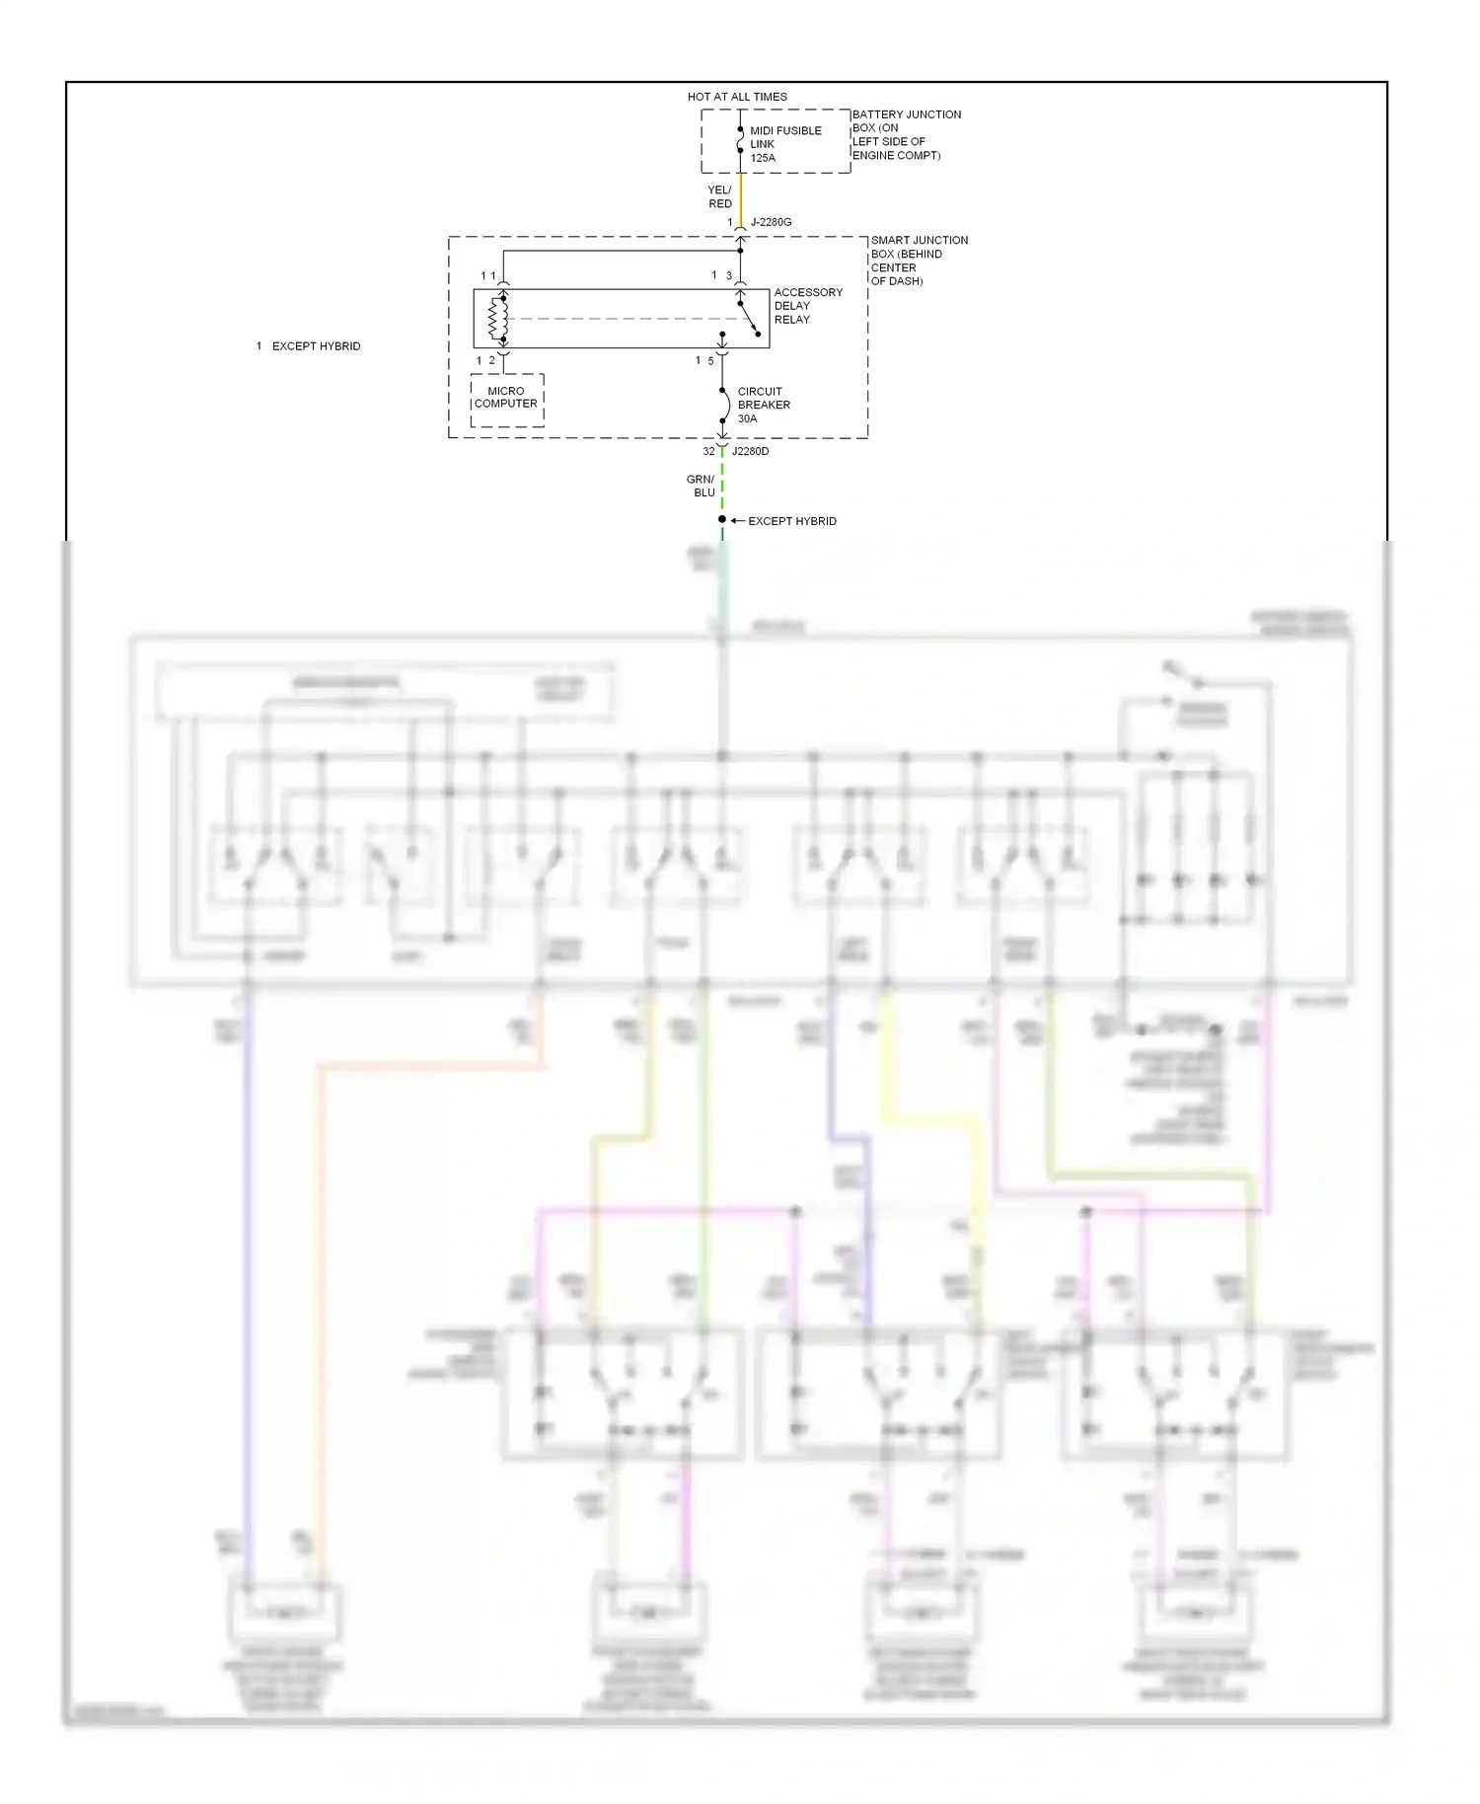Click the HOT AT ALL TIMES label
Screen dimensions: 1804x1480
[737, 97]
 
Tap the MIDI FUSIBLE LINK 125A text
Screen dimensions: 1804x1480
[784, 144]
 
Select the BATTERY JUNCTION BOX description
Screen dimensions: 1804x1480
[905, 135]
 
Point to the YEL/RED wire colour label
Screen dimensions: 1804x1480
[719, 196]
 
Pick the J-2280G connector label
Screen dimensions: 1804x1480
[771, 222]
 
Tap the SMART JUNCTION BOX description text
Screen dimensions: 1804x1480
[918, 261]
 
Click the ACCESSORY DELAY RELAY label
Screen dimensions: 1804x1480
[807, 306]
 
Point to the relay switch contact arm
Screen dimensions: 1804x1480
[749, 318]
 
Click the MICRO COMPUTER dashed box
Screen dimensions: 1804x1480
[506, 400]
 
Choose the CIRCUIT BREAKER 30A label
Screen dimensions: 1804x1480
[763, 405]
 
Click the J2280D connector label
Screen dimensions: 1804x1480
[750, 451]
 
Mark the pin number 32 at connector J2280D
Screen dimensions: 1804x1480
[708, 451]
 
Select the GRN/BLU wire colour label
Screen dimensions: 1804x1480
[701, 486]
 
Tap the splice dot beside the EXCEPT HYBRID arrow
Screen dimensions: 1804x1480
[722, 519]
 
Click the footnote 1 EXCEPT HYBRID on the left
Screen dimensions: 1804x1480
[309, 346]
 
